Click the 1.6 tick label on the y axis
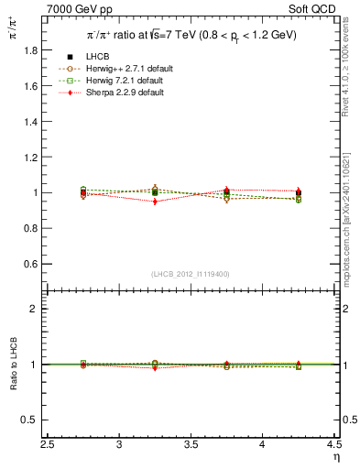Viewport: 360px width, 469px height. (30, 86)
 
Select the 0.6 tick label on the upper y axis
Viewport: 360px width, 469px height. (30, 264)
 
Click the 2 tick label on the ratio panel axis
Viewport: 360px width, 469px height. (35, 309)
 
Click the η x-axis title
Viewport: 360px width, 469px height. (336, 457)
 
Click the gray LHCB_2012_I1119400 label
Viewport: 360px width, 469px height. (191, 274)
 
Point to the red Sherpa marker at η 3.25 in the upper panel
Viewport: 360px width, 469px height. (156, 202)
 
